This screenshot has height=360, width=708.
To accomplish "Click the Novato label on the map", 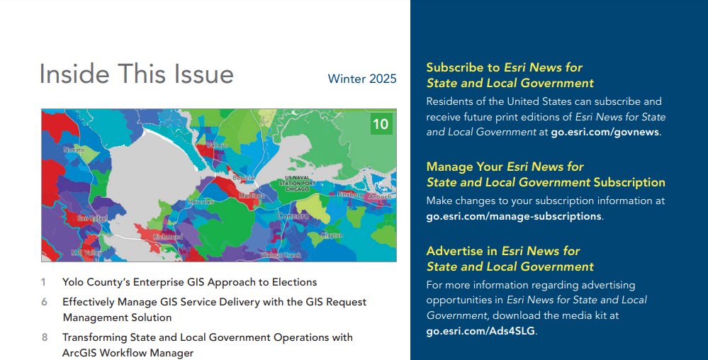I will click(74, 150).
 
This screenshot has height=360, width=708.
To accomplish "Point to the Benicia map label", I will click(243, 176).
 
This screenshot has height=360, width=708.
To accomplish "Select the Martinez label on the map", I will click(252, 195).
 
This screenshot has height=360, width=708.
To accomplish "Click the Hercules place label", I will click(199, 201).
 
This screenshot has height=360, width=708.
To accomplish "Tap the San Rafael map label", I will click(92, 218).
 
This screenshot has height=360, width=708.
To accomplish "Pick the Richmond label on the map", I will click(168, 237).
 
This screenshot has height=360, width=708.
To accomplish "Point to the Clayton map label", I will click(331, 235).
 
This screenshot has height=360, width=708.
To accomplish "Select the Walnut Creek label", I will click(281, 255).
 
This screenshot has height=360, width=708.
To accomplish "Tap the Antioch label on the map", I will click(379, 196).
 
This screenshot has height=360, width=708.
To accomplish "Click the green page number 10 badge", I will click(381, 125).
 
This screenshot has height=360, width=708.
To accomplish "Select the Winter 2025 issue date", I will click(362, 79).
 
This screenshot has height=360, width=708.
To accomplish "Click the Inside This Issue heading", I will click(136, 74).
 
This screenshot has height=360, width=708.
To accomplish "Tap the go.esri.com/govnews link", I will click(605, 132).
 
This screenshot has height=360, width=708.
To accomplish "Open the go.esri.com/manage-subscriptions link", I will click(513, 216).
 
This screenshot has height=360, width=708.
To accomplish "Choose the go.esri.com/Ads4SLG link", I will click(481, 331).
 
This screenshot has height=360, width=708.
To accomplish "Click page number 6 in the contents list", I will click(44, 302).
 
